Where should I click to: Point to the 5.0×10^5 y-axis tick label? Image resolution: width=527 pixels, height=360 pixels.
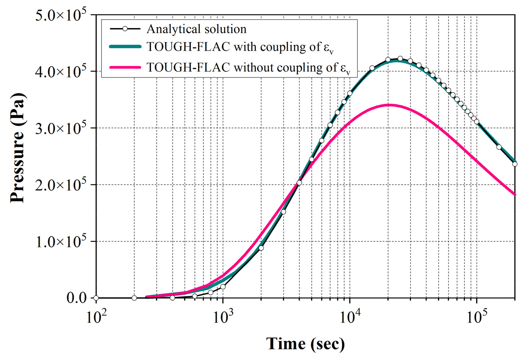61,15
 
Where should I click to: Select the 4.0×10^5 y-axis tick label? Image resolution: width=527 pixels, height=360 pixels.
61,71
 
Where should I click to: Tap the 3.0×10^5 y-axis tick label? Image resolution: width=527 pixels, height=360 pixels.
61,128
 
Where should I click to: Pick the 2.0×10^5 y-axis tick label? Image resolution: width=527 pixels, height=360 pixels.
61,185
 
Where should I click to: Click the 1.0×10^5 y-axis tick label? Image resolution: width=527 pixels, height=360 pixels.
61,242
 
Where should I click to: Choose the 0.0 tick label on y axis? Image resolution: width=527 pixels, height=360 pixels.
76,298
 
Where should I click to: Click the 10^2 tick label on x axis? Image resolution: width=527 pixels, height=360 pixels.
96,315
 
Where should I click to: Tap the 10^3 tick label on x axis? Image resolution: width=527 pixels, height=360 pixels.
223,315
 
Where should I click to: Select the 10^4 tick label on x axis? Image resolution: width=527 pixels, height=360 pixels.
350,315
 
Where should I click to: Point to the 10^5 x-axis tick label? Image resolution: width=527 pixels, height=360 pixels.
476,315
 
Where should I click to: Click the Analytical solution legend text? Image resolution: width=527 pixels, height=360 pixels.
196,29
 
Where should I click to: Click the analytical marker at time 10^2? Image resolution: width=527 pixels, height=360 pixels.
96,298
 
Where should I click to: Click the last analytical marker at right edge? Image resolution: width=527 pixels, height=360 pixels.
515,164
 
